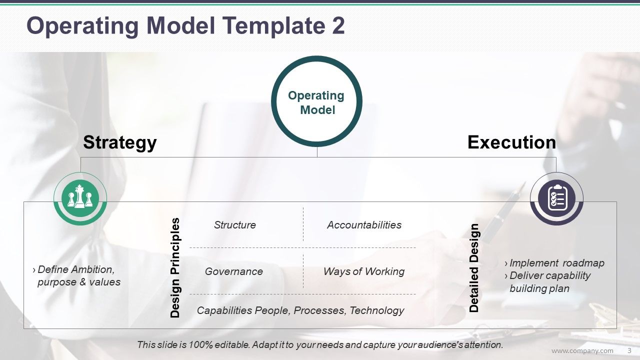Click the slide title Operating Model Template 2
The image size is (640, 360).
[185, 26]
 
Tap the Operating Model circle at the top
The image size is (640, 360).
[316, 102]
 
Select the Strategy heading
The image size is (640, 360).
[119, 142]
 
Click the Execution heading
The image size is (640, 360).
[511, 142]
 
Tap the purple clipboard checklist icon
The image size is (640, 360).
[556, 198]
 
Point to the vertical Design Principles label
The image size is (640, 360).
[175, 267]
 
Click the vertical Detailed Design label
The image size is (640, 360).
[474, 268]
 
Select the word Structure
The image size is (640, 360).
[234, 225]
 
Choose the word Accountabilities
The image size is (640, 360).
[364, 225]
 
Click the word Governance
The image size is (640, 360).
[233, 271]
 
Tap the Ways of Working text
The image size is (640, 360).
[363, 271]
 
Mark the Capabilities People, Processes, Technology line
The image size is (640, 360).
[300, 310]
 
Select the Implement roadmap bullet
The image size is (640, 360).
[556, 263]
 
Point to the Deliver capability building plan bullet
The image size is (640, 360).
[549, 282]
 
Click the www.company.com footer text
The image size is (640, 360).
[582, 350]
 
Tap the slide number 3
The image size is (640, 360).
[629, 350]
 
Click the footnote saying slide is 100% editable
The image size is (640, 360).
[319, 344]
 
